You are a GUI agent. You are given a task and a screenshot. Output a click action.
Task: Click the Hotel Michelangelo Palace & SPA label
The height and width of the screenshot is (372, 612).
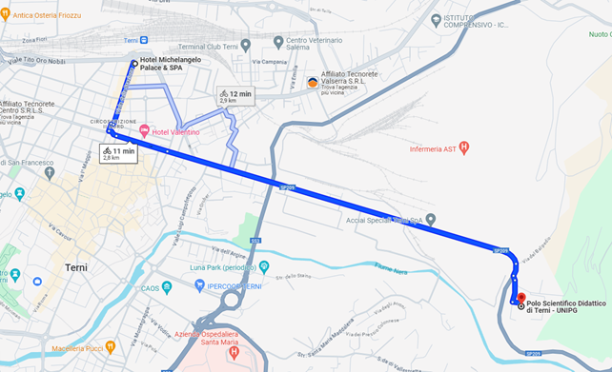click(x=173, y=65)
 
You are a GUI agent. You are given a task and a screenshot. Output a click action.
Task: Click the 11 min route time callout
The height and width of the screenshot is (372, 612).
click(x=118, y=152)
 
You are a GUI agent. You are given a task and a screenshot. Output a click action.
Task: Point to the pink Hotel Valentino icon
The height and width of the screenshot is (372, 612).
click(x=145, y=130)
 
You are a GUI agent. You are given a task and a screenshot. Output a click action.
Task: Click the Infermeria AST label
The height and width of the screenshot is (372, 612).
click(x=434, y=148)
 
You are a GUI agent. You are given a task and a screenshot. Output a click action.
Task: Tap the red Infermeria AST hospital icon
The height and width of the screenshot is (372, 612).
click(x=464, y=147)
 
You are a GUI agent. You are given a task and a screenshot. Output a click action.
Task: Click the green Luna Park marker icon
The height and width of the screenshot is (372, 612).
click(x=264, y=266)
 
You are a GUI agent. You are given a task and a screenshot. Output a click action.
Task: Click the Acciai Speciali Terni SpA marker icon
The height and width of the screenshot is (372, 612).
click(x=431, y=219)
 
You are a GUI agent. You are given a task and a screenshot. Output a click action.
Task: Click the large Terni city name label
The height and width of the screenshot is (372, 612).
click(x=76, y=267)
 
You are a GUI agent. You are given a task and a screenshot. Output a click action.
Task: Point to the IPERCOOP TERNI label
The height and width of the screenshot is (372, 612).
click(x=213, y=286)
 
